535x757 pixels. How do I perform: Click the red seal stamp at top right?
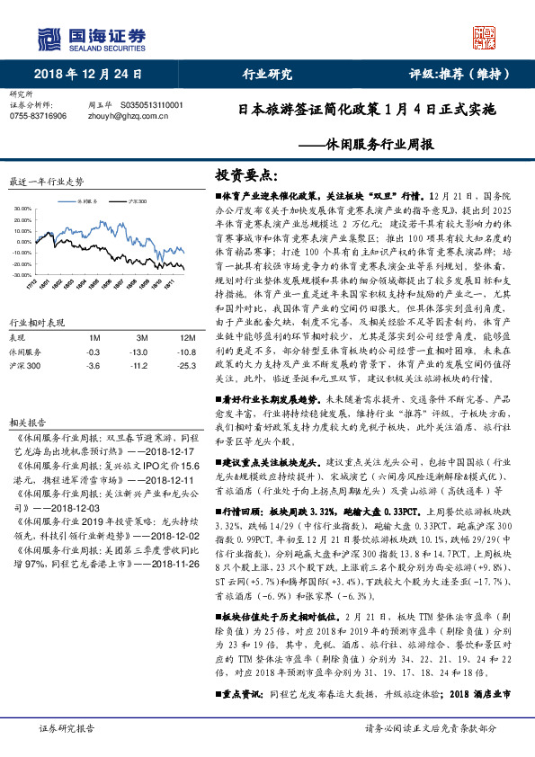pyautogui.click(x=486, y=37)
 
